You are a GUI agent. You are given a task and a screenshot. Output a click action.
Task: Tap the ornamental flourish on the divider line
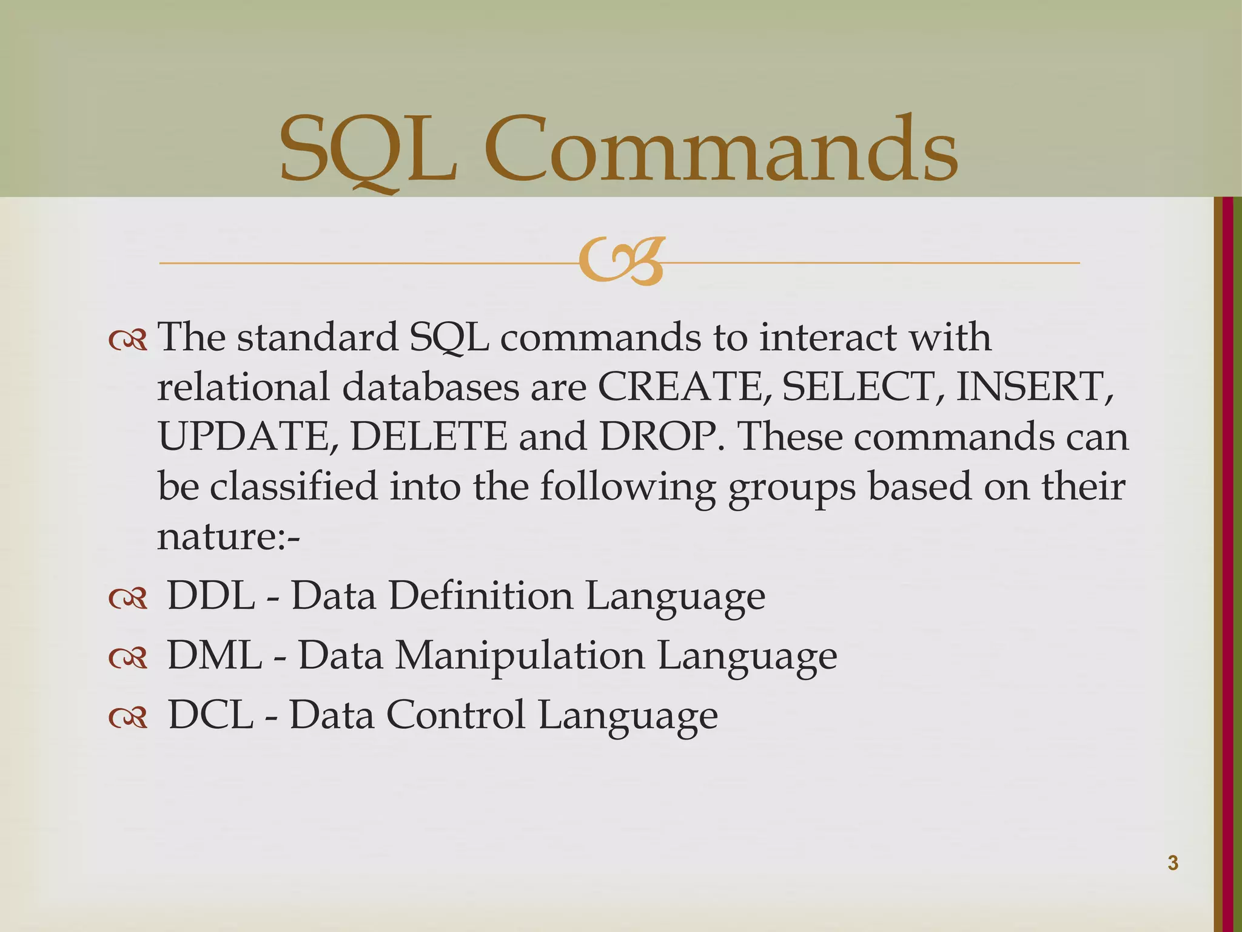pos(621,262)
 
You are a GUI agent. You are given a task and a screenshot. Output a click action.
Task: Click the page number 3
pos(1172,863)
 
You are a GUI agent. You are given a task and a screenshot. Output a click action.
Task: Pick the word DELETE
pos(428,436)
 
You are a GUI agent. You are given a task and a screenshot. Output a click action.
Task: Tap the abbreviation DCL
pos(210,714)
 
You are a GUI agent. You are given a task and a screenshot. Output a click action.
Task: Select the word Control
pos(455,714)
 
